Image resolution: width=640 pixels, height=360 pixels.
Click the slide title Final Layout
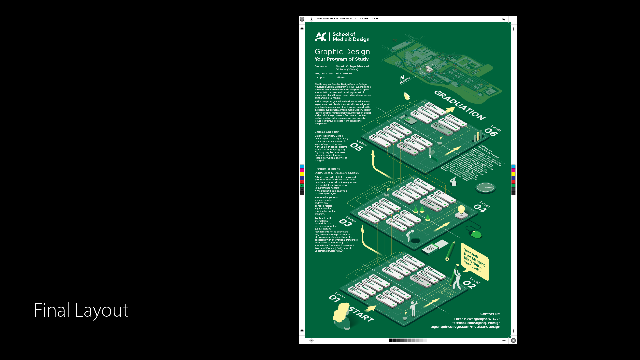[x=81, y=310]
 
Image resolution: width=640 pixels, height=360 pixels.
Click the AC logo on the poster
[x=320, y=37]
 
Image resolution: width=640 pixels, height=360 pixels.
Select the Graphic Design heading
[x=342, y=52]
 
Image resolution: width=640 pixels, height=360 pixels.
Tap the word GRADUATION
[x=460, y=105]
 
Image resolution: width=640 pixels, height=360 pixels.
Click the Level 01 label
[x=337, y=297]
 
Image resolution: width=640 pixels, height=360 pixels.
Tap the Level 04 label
[x=482, y=207]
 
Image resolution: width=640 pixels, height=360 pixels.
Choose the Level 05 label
[x=359, y=146]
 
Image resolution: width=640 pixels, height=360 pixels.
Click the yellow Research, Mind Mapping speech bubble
[x=475, y=262]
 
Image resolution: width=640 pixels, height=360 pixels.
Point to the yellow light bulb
[x=461, y=210]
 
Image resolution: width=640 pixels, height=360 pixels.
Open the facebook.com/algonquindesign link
[x=476, y=323]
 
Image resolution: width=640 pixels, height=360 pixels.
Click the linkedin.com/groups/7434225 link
[x=477, y=319]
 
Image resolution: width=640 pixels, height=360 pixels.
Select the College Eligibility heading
[x=326, y=132]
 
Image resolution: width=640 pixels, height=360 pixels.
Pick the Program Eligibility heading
[x=327, y=169]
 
